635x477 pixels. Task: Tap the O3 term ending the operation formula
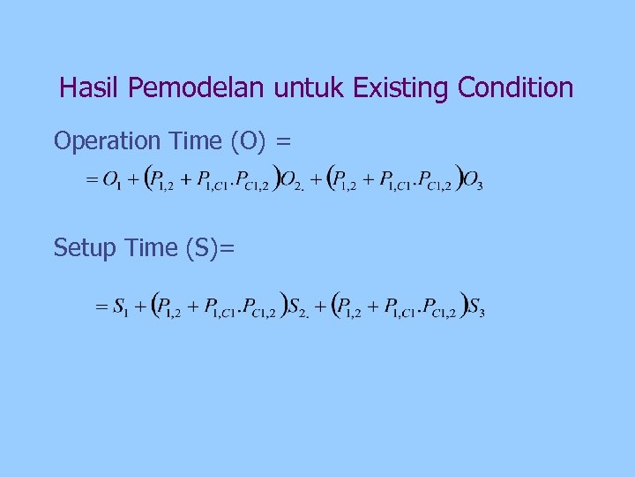click(x=473, y=181)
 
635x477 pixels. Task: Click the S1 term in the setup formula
click(x=121, y=308)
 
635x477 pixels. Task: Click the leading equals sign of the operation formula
click(x=90, y=181)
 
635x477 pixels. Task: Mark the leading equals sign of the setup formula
click(x=100, y=308)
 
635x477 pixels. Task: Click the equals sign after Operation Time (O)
click(x=284, y=141)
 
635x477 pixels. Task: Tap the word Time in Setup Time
click(x=148, y=248)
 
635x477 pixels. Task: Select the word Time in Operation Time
click(x=195, y=141)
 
